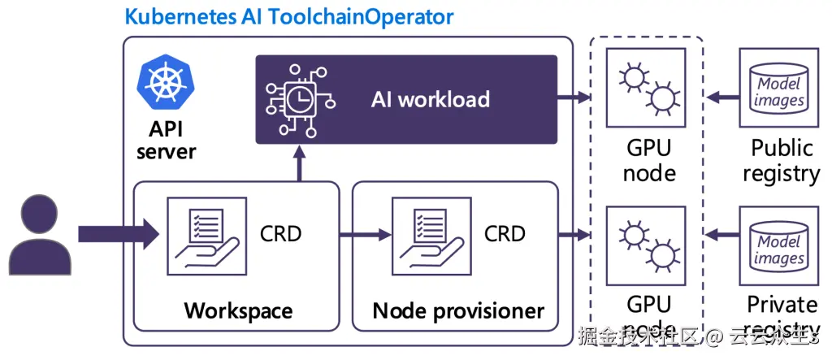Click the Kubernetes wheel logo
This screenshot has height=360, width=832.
click(167, 82)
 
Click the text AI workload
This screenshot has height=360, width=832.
click(430, 99)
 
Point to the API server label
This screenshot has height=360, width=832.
click(167, 140)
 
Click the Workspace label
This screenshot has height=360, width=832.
click(238, 310)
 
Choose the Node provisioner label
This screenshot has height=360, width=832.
click(458, 310)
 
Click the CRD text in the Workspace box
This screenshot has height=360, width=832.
click(280, 234)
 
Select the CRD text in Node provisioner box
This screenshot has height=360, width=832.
click(505, 234)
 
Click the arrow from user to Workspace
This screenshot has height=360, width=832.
click(119, 234)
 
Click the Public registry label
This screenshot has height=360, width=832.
click(781, 161)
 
